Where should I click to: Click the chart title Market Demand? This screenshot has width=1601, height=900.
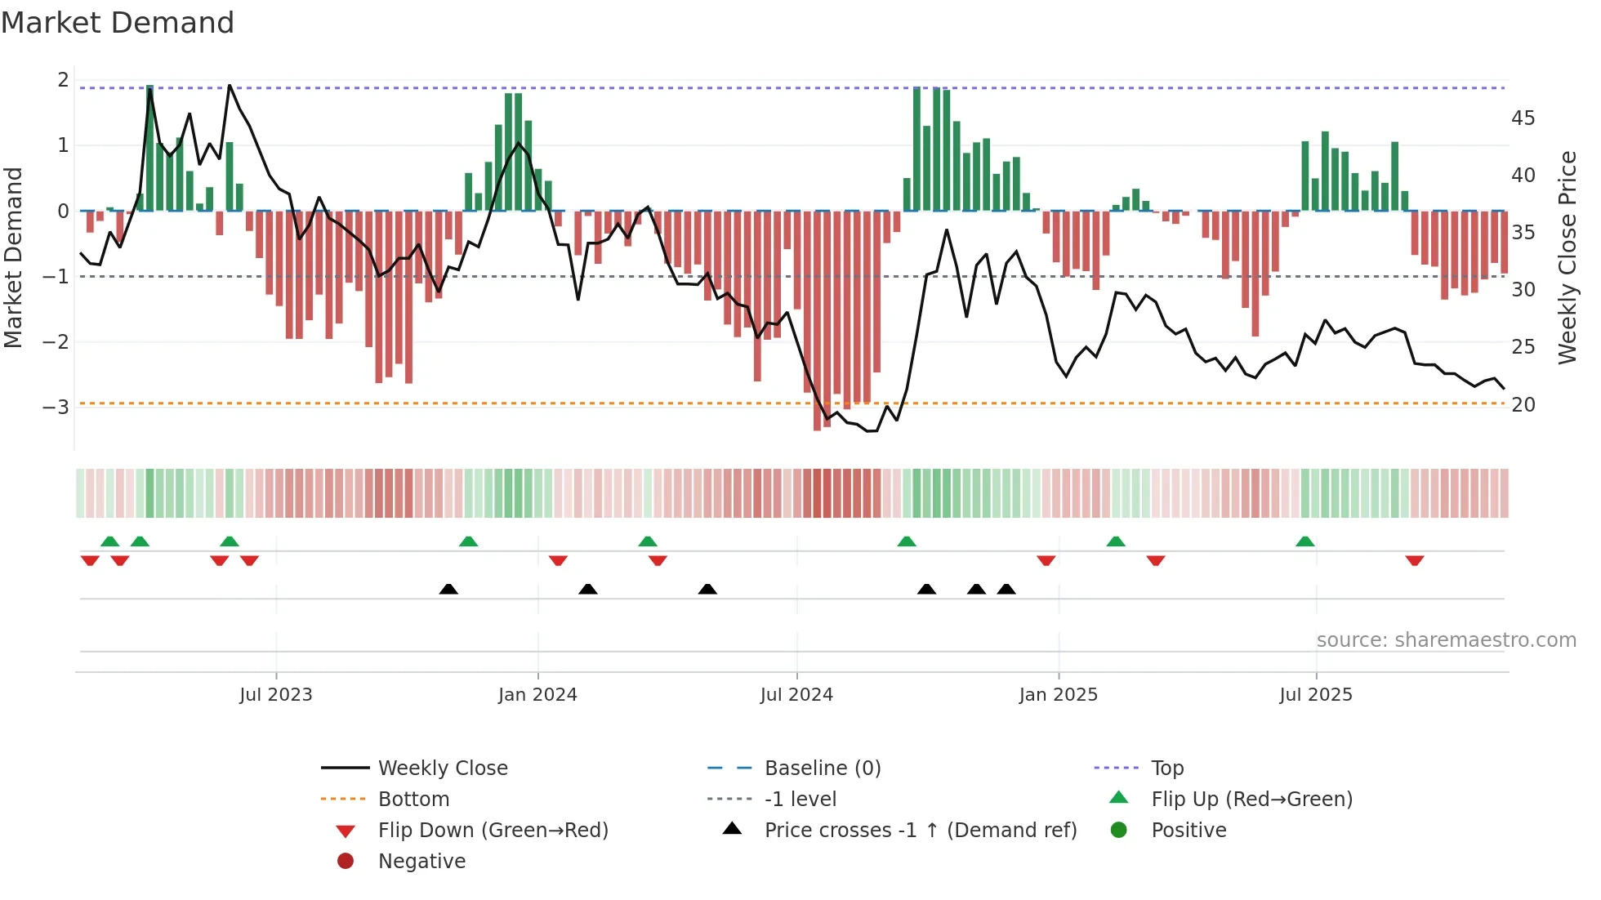click(x=118, y=23)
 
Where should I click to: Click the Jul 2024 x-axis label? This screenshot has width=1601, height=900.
click(x=796, y=695)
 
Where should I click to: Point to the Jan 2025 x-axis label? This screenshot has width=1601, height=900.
click(x=1059, y=695)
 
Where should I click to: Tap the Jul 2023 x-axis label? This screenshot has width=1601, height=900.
click(x=276, y=695)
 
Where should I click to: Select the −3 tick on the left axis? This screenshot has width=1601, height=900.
click(x=56, y=407)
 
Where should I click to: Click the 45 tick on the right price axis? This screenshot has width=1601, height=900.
click(x=1523, y=118)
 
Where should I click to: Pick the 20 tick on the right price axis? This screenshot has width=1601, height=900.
click(x=1523, y=405)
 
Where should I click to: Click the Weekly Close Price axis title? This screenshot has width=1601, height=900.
click(x=1567, y=257)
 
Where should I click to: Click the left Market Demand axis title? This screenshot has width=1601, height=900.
click(x=14, y=257)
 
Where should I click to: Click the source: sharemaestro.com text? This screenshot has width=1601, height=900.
click(x=1446, y=640)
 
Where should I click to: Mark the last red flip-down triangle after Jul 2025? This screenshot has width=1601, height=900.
click(x=1415, y=561)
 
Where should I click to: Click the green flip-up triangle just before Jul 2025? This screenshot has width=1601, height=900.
click(x=1305, y=541)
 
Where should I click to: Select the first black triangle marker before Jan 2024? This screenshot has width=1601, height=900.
click(x=448, y=589)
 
